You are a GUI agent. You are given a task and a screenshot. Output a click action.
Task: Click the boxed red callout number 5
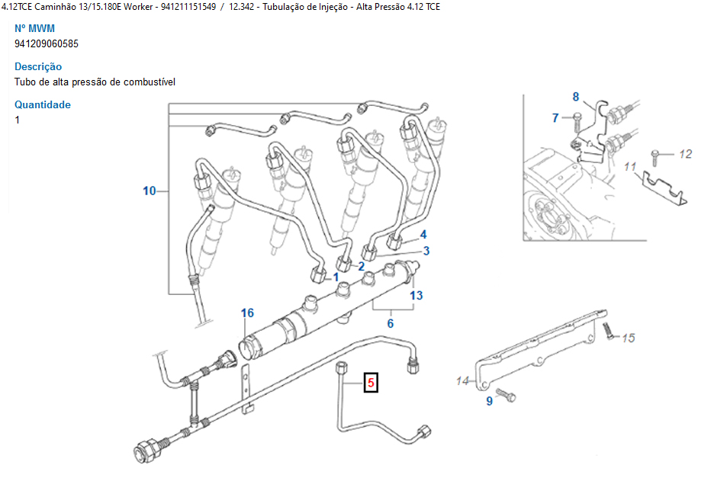pyautogui.click(x=371, y=382)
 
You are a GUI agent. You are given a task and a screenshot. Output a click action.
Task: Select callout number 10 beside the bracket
pyautogui.click(x=150, y=191)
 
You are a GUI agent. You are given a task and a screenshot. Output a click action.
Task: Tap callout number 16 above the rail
pyautogui.click(x=247, y=313)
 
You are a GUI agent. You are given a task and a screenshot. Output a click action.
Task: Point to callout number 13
pyautogui.click(x=416, y=295)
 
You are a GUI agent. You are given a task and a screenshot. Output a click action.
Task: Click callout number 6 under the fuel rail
pyautogui.click(x=391, y=323)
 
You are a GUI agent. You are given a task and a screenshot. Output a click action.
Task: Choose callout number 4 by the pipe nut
pyautogui.click(x=423, y=234)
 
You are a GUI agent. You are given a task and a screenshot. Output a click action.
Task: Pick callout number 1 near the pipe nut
pyautogui.click(x=336, y=277)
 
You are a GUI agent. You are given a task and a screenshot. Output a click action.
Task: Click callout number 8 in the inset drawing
pyautogui.click(x=576, y=97)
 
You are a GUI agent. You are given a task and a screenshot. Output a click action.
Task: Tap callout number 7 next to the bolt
pyautogui.click(x=555, y=118)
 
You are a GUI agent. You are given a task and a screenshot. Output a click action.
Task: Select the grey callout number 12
pyautogui.click(x=685, y=154)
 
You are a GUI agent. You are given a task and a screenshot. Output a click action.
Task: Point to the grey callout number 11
pyautogui.click(x=630, y=166)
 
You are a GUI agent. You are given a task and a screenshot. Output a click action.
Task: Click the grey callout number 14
pyautogui.click(x=462, y=381)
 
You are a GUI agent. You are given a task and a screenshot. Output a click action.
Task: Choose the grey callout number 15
pyautogui.click(x=629, y=338)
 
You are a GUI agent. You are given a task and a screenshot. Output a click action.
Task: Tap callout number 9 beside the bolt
pyautogui.click(x=490, y=401)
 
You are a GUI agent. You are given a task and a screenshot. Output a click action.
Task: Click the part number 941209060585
pyautogui.click(x=47, y=43)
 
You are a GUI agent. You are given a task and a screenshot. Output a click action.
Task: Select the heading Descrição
pyautogui.click(x=38, y=66)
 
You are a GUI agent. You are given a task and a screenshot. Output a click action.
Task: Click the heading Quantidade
pyautogui.click(x=43, y=104)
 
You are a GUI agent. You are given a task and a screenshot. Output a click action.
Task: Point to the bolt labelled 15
pyautogui.click(x=609, y=331)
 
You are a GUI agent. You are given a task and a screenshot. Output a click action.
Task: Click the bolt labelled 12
pyautogui.click(x=655, y=157)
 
